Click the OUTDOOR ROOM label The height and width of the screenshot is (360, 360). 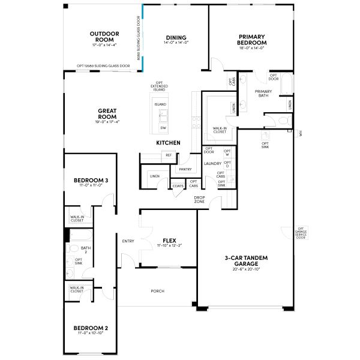[104, 37]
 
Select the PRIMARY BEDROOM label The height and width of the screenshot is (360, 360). [251, 40]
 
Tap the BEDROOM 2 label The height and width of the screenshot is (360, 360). [91, 328]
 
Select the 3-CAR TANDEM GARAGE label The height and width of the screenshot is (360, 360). [245, 260]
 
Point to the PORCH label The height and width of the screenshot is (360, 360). [158, 291]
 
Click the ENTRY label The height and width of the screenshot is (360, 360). [128, 241]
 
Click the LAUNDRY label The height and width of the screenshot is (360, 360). [212, 163]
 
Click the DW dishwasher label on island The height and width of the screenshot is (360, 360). [163, 128]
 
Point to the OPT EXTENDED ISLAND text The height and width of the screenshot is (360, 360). [159, 86]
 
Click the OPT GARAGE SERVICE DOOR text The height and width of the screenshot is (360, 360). [301, 233]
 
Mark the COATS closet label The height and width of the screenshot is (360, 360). [178, 186]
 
